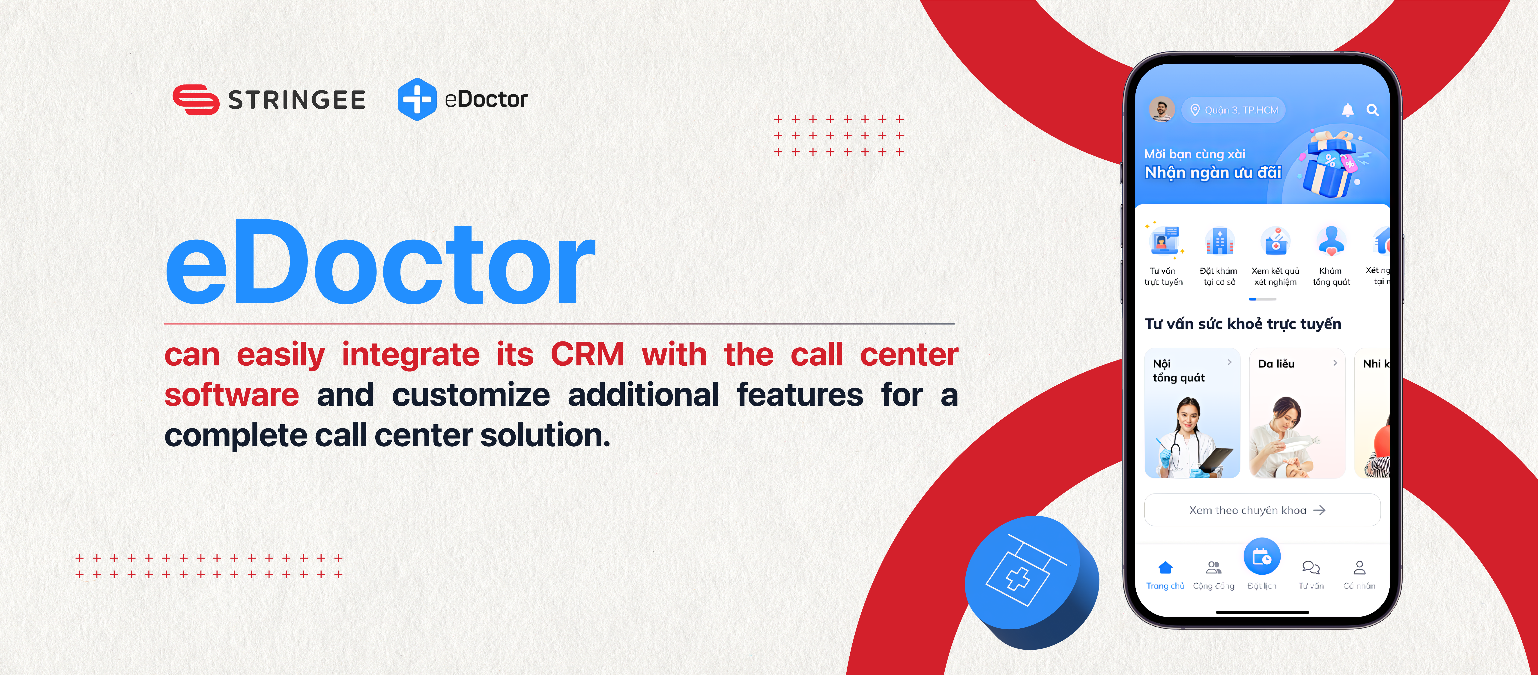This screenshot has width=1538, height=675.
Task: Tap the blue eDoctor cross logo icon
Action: point(417,99)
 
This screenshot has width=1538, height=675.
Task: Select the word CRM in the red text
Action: point(587,355)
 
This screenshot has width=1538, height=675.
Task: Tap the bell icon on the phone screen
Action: point(1347,110)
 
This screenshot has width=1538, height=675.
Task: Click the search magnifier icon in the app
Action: point(1373,110)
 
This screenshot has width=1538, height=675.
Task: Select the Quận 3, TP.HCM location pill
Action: point(1233,110)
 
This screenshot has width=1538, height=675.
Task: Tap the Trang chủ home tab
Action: point(1165,575)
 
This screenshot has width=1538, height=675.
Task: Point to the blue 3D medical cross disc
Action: point(1032,582)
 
